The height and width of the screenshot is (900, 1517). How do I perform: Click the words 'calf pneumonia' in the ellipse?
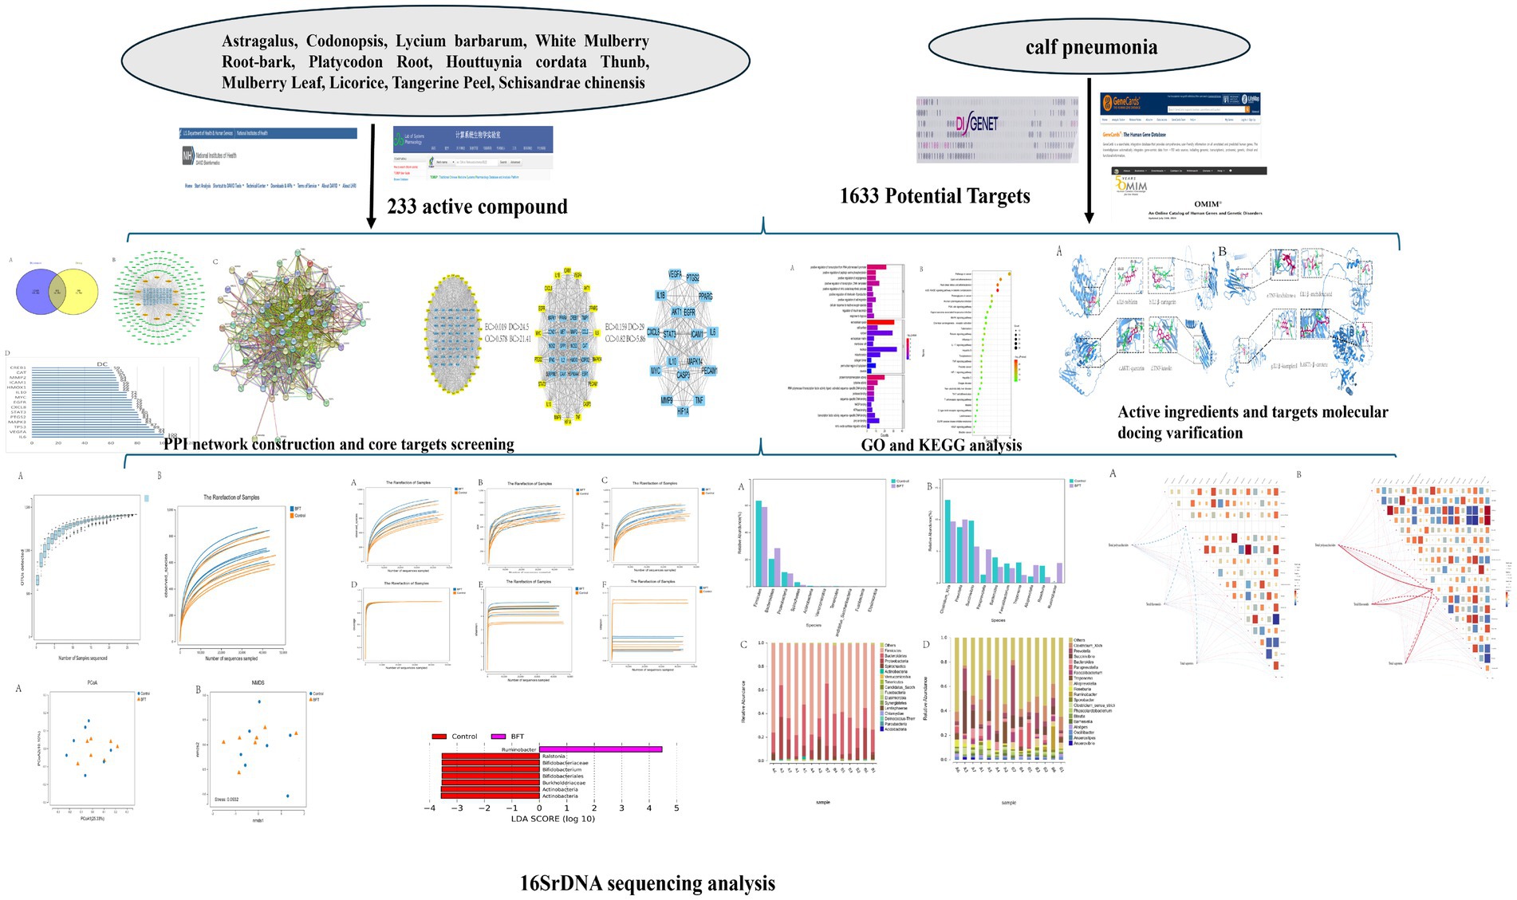[x=1091, y=47]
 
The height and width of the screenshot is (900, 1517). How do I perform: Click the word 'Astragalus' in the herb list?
[x=259, y=41]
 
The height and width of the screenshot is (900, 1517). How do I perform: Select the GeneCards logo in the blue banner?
[x=1121, y=102]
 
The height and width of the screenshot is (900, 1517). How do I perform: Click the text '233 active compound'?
[x=477, y=206]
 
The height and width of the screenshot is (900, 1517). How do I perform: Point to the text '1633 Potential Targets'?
[x=935, y=196]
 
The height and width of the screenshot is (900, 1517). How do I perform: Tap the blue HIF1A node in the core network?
[x=683, y=411]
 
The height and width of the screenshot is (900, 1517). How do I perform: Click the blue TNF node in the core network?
[x=699, y=400]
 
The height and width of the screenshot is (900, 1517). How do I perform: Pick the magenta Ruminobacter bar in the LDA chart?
[x=601, y=749]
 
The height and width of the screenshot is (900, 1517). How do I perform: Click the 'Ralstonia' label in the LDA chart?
[x=554, y=757]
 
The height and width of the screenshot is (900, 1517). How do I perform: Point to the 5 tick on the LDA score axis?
[x=676, y=808]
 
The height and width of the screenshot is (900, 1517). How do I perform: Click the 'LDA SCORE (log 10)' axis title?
[x=553, y=819]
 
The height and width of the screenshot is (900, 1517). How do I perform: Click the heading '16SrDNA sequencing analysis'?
[x=647, y=883]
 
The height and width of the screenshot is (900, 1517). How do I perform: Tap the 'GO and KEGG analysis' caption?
[x=941, y=445]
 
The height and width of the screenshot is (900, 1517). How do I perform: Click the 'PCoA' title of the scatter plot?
[x=93, y=683]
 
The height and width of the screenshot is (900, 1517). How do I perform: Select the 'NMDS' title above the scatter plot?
[x=258, y=683]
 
